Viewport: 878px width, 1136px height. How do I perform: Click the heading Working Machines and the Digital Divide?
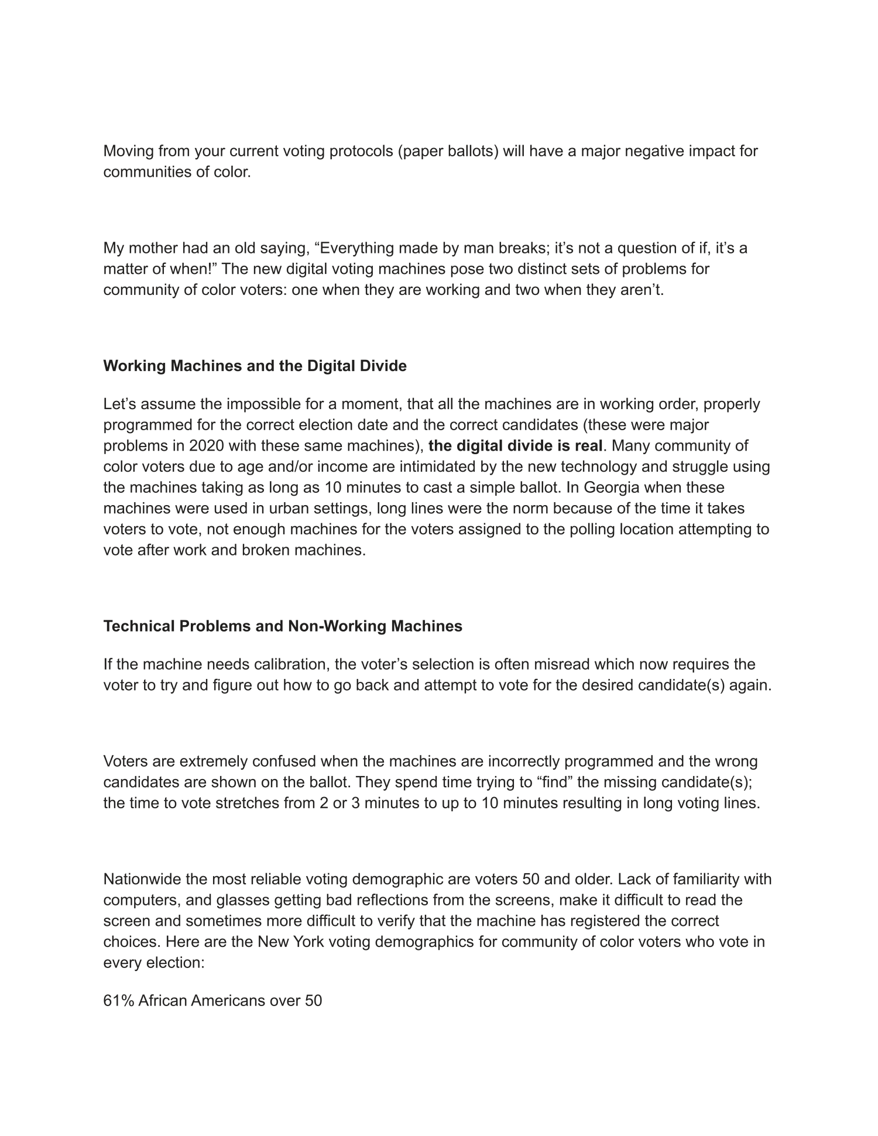(x=255, y=366)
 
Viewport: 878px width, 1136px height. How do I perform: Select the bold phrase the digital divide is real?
(x=515, y=446)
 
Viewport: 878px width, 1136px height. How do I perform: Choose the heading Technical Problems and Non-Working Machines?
(x=283, y=626)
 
